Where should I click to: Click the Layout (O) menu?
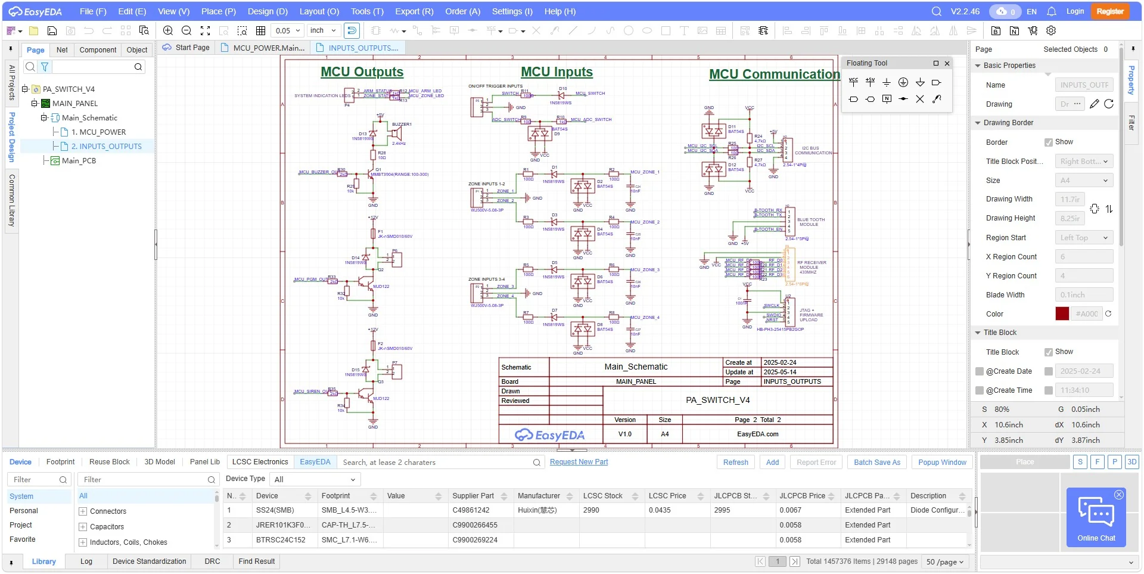pyautogui.click(x=319, y=11)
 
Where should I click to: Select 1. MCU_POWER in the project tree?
pyautogui.click(x=98, y=132)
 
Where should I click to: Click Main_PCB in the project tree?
pyautogui.click(x=79, y=160)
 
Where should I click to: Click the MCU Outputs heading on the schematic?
pyautogui.click(x=362, y=72)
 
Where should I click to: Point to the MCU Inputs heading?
pyautogui.click(x=557, y=72)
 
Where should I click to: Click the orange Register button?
pyautogui.click(x=1109, y=11)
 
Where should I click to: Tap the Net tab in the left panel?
pyautogui.click(x=62, y=50)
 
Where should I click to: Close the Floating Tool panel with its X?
pyautogui.click(x=947, y=63)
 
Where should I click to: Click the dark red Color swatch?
pyautogui.click(x=1062, y=314)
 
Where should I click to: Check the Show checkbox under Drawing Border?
pyautogui.click(x=1049, y=142)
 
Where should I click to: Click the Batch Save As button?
pyautogui.click(x=876, y=462)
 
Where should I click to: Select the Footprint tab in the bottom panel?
pyautogui.click(x=60, y=462)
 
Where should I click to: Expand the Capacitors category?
pyautogui.click(x=83, y=527)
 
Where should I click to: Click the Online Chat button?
pyautogui.click(x=1096, y=517)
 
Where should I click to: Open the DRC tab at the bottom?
pyautogui.click(x=212, y=561)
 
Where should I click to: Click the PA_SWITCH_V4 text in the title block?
pyautogui.click(x=717, y=400)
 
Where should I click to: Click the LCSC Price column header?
pyautogui.click(x=667, y=496)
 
